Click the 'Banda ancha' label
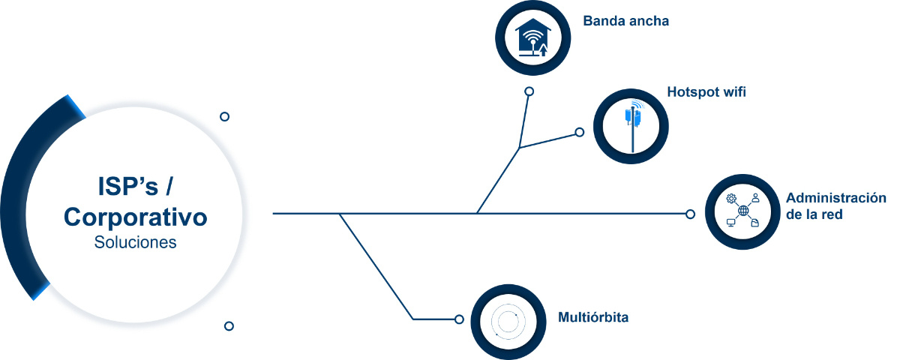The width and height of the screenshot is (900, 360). pos(626,21)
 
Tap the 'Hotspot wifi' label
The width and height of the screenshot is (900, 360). pos(706,92)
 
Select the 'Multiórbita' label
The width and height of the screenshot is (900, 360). pos(593,317)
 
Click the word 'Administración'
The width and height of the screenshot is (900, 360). pos(836,198)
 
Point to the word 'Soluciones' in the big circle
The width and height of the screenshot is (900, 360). pos(136,242)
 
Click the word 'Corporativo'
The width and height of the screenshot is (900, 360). pos(136,217)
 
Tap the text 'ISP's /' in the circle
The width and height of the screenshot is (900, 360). pos(136,187)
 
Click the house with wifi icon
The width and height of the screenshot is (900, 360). pos(532,37)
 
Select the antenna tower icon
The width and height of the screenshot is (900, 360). pos(633,126)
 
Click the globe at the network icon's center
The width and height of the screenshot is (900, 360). pos(743,211)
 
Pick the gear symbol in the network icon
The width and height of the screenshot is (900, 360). pos(731,199)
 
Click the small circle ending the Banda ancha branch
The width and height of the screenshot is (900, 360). pos(529,91)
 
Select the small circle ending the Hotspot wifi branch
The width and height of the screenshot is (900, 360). pos(579,132)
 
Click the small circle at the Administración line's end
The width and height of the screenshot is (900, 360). pos(690,214)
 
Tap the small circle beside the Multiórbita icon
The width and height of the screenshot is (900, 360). pos(459,319)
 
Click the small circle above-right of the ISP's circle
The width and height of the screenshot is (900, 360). pos(224,116)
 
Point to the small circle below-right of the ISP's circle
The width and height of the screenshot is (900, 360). pos(229,325)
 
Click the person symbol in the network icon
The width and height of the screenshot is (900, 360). pos(756,198)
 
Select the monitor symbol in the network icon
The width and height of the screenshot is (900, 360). pos(730,223)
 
